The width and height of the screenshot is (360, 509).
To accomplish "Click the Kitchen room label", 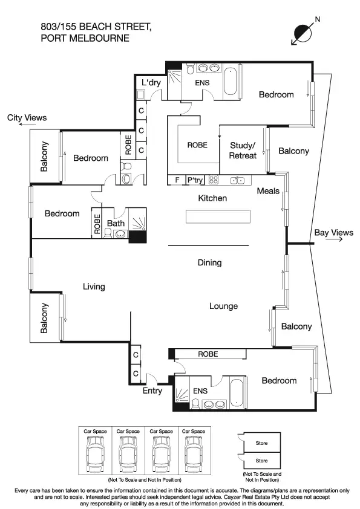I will click(x=212, y=198).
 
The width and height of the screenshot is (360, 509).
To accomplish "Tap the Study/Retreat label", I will click(x=243, y=151).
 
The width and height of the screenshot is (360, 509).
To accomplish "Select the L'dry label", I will click(x=151, y=82).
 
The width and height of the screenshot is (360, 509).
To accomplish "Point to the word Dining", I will click(x=209, y=263).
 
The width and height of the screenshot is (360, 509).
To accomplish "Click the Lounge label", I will click(x=223, y=306).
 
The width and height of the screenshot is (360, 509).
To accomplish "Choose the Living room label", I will click(x=94, y=287).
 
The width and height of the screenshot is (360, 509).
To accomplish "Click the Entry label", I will click(x=152, y=391).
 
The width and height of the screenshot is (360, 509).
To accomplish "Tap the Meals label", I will click(x=268, y=191).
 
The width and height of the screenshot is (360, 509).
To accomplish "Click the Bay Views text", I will click(x=333, y=233).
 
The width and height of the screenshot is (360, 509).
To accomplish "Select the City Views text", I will click(x=27, y=118).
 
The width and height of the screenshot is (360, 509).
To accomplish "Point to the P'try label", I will click(x=195, y=180).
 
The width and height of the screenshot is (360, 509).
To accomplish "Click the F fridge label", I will click(x=177, y=180).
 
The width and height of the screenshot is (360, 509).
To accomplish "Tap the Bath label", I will click(x=116, y=224).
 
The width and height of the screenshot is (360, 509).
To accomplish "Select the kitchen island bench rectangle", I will click(x=217, y=217).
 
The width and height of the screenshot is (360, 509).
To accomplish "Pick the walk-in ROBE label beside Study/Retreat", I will click(x=197, y=145).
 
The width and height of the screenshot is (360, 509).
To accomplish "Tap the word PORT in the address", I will click(x=53, y=38).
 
